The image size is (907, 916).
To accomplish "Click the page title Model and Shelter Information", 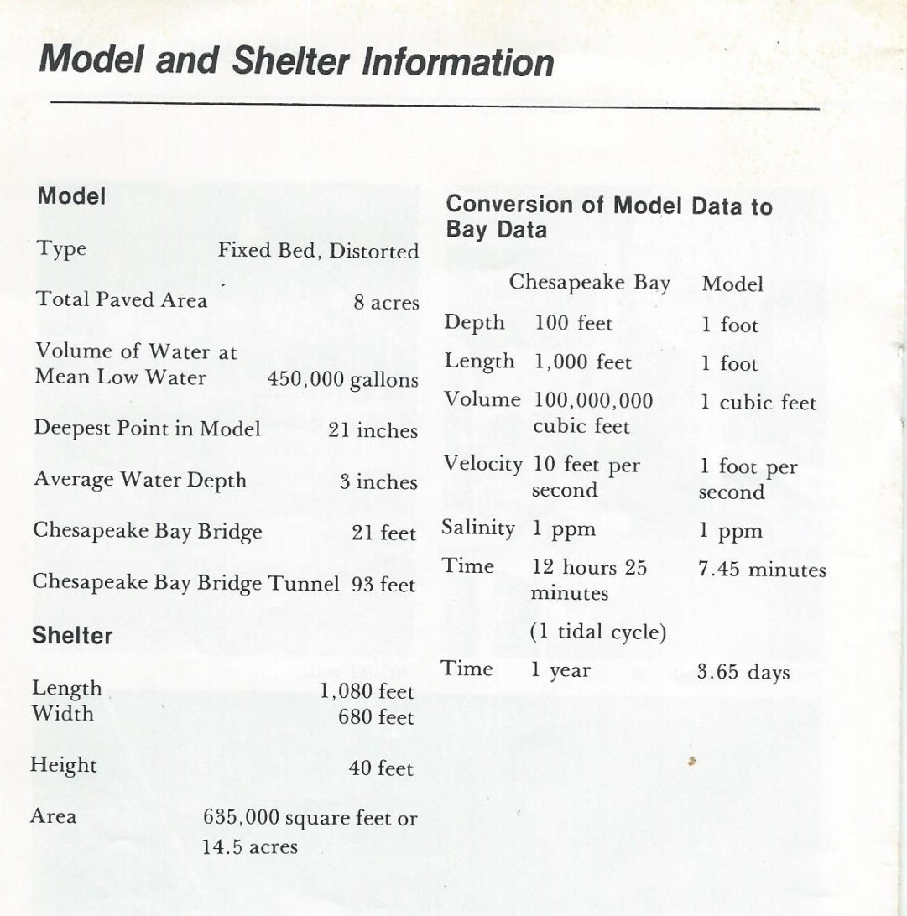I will click(x=296, y=61).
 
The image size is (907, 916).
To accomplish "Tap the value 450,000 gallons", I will click(x=342, y=379).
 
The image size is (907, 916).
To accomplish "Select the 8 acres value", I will click(x=386, y=303).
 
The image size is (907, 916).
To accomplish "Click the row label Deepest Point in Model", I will click(x=147, y=428).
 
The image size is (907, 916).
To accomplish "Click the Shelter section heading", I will click(x=72, y=636).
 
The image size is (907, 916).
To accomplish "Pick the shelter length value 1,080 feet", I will click(x=367, y=692).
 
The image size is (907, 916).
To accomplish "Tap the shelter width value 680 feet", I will click(x=376, y=717).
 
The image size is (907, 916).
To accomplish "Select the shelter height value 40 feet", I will click(x=381, y=768).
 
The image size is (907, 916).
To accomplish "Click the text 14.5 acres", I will click(x=250, y=846).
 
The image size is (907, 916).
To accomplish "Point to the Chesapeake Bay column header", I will click(x=590, y=283).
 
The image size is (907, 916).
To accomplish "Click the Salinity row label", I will click(x=478, y=528).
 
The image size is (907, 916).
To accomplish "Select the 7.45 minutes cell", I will click(x=762, y=570).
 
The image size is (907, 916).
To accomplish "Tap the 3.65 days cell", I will click(x=743, y=672).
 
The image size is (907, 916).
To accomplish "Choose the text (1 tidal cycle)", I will click(x=598, y=632).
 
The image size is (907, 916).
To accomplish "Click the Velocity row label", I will click(x=482, y=464).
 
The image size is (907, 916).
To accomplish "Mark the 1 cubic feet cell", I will click(x=758, y=403).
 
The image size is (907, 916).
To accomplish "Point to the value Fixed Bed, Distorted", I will click(x=318, y=251).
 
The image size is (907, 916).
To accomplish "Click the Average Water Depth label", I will click(x=140, y=481).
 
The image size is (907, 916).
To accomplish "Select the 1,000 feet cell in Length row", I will click(x=583, y=362).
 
